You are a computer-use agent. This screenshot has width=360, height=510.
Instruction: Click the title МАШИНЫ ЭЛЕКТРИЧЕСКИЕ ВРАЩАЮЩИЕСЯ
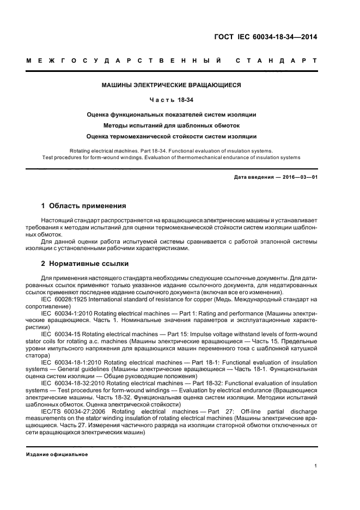pyautogui.click(x=172, y=85)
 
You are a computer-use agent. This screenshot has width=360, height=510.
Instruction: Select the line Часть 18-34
pyautogui.click(x=172, y=100)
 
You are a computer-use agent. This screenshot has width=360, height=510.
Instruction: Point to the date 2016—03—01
pyautogui.click(x=299, y=177)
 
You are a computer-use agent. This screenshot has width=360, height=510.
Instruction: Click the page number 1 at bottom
pyautogui.click(x=316, y=465)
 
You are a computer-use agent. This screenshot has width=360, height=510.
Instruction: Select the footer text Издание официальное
pyautogui.click(x=57, y=454)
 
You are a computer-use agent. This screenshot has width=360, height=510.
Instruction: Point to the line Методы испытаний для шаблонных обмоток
pyautogui.click(x=172, y=125)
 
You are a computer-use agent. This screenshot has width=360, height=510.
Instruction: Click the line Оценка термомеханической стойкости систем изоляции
pyautogui.click(x=172, y=136)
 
